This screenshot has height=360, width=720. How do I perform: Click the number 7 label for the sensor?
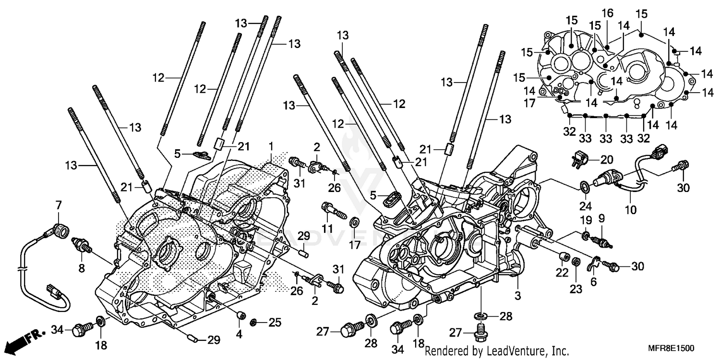(x=59, y=205)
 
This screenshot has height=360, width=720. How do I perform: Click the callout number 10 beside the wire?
(x=631, y=210)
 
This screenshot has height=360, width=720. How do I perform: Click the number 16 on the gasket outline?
(x=608, y=13)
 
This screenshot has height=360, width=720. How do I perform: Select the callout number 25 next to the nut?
(x=274, y=323)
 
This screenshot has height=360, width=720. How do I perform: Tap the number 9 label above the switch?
(x=601, y=218)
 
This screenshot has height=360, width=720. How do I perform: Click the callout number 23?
(x=576, y=289)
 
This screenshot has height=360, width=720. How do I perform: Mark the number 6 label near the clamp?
(x=594, y=283)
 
